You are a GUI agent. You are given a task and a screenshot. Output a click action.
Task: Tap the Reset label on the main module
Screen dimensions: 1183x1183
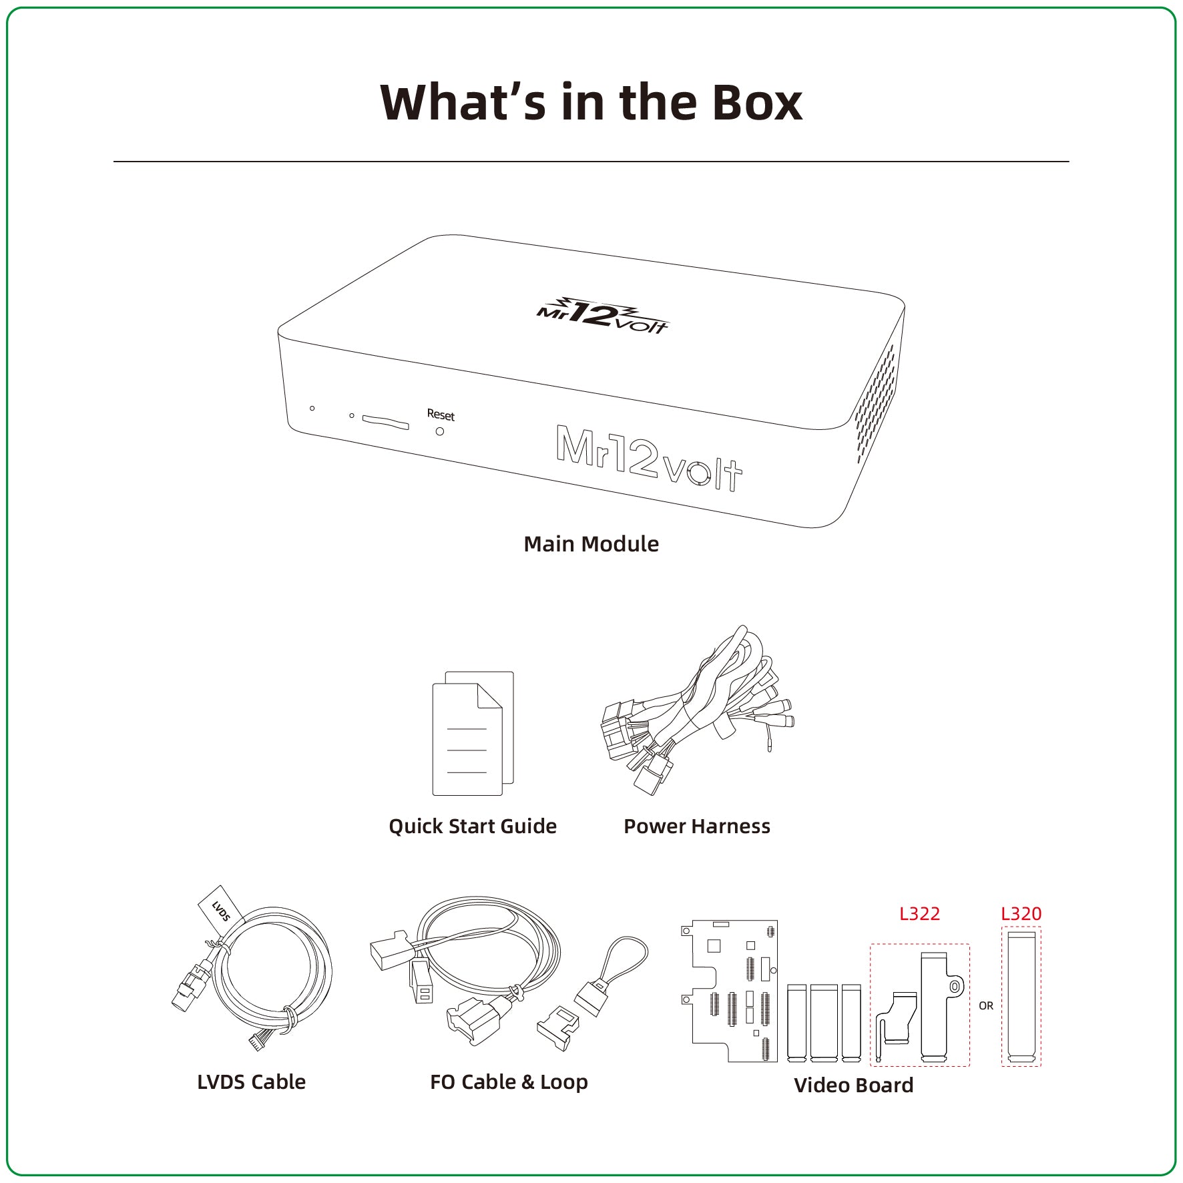click(441, 415)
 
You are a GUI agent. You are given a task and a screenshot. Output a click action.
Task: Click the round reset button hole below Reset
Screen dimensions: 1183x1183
click(439, 431)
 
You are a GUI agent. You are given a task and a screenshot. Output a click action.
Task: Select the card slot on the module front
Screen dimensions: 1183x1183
click(385, 421)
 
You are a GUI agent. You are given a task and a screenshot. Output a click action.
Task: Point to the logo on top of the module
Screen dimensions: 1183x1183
click(602, 315)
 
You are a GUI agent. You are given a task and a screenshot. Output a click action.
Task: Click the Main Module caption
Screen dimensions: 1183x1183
click(591, 544)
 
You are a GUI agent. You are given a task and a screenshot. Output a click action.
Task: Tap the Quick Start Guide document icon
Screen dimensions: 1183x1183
click(473, 733)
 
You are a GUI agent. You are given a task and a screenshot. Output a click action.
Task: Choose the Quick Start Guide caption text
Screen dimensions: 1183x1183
click(473, 826)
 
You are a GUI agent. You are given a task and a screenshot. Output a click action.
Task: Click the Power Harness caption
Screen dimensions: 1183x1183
click(697, 826)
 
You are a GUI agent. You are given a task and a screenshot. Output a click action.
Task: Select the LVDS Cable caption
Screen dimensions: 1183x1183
click(252, 1082)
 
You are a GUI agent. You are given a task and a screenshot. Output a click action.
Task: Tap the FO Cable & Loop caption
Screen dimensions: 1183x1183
click(509, 1082)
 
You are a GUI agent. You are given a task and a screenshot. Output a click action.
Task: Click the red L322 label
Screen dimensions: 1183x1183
click(919, 914)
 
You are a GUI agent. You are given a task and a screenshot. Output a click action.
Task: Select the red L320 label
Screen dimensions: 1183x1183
click(1021, 914)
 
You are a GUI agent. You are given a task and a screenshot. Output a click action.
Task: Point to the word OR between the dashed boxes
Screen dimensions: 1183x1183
click(986, 1005)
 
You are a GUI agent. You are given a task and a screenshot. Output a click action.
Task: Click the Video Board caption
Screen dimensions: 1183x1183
click(853, 1086)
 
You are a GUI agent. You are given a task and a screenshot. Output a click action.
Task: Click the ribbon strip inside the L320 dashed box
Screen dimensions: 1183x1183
click(1021, 997)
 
